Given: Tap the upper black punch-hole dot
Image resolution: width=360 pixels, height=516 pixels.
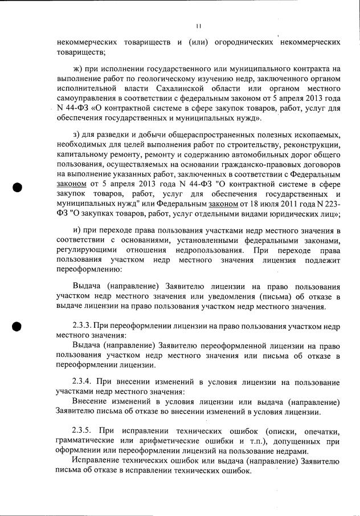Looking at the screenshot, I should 18,188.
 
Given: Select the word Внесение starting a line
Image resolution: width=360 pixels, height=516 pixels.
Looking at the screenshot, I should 92,400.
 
